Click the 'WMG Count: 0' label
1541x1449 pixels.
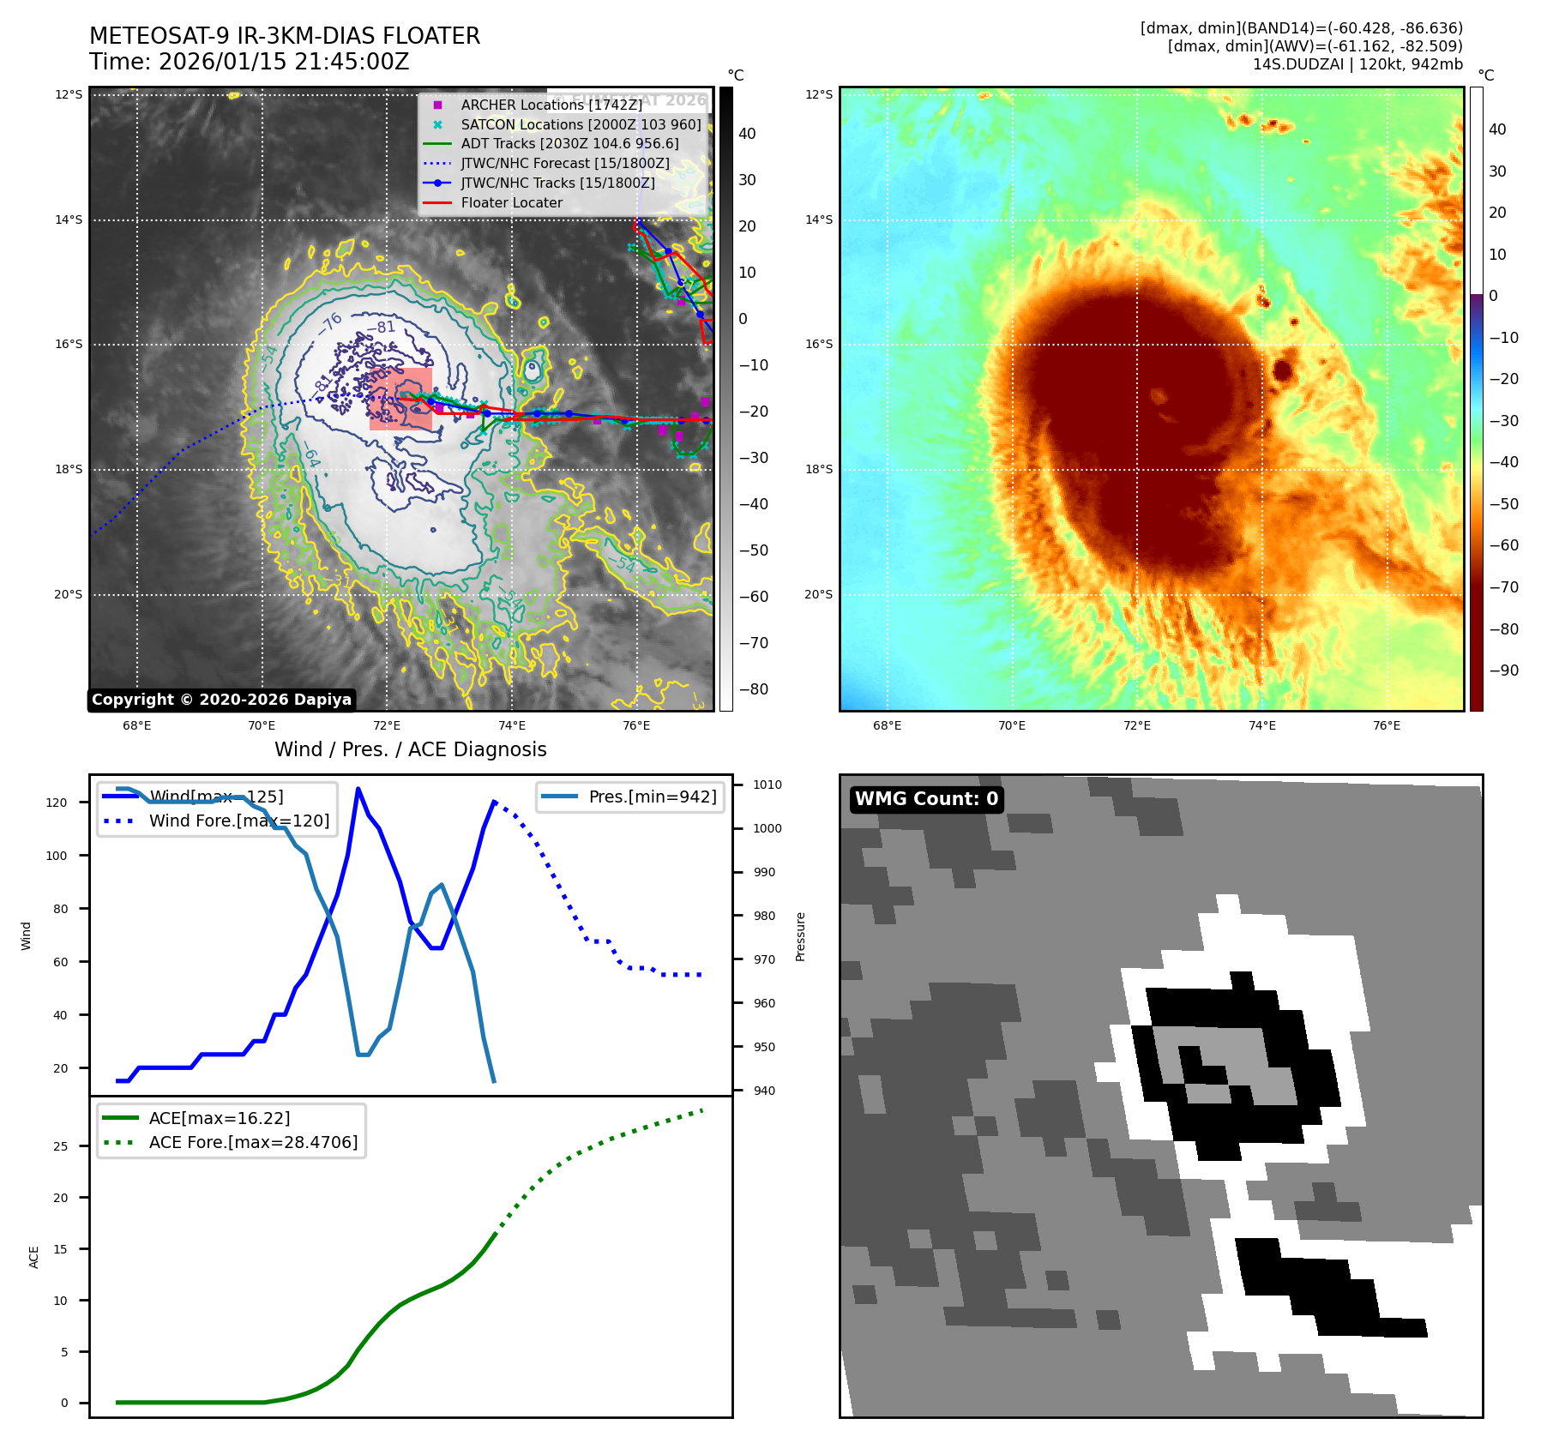point(926,799)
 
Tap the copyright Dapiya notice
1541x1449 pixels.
point(221,700)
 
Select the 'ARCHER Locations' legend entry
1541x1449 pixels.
point(551,105)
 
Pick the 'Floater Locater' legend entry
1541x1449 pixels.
point(511,202)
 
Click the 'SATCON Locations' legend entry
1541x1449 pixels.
point(581,124)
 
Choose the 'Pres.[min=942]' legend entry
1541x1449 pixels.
point(652,797)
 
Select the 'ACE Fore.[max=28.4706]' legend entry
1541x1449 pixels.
point(253,1142)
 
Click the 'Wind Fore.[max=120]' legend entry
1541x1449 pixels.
point(238,821)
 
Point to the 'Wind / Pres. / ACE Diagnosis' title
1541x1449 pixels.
point(410,749)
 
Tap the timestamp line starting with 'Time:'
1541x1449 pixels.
point(249,62)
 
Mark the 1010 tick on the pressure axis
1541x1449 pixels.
point(767,785)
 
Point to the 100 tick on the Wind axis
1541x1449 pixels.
point(57,856)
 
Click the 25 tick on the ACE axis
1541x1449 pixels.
point(60,1146)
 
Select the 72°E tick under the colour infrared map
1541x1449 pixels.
point(1136,725)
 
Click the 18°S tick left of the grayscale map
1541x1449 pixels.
point(69,470)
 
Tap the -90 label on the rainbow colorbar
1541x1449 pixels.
point(1503,670)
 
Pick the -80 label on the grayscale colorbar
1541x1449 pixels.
point(754,689)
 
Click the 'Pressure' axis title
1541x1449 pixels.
point(800,936)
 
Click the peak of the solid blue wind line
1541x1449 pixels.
point(358,789)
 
